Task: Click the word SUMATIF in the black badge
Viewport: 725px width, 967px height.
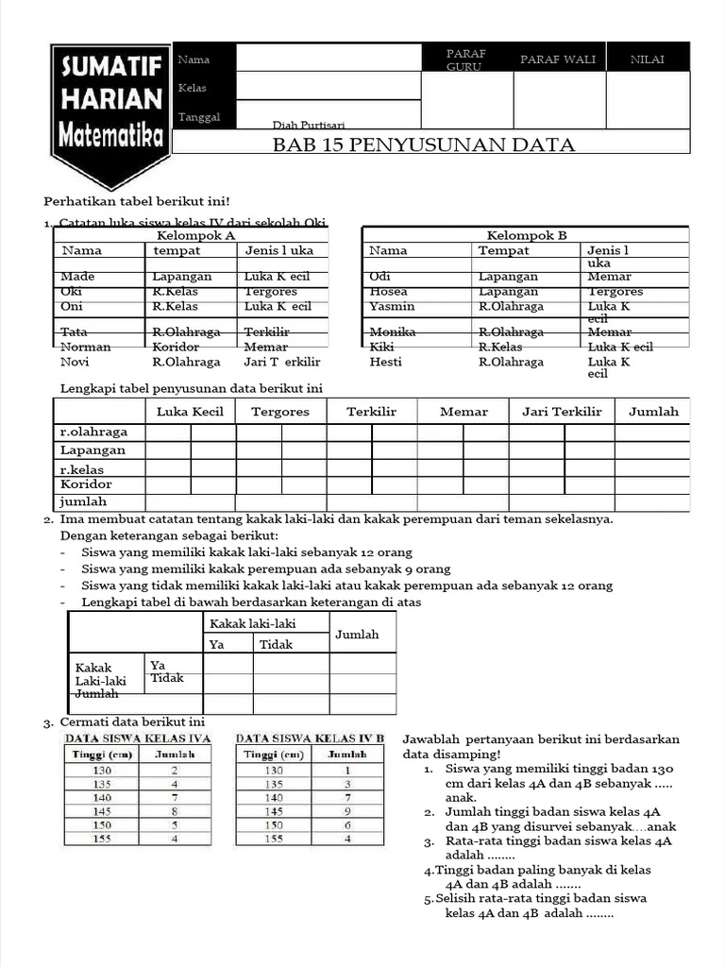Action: click(110, 68)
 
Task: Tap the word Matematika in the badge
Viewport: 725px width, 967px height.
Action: click(110, 137)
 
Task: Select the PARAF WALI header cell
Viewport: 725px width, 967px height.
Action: click(558, 59)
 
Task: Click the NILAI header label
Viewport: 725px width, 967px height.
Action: click(648, 59)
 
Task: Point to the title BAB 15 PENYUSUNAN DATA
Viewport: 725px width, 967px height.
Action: click(424, 144)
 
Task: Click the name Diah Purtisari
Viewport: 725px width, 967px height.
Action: click(309, 126)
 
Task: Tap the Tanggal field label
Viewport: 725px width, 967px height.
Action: click(199, 117)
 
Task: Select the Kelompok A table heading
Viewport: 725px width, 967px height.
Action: click(195, 235)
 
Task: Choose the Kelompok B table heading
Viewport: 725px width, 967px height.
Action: click(526, 235)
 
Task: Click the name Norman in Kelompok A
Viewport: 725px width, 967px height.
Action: click(86, 347)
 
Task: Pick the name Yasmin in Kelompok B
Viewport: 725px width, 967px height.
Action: click(393, 306)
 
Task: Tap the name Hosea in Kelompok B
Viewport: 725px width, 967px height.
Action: click(389, 292)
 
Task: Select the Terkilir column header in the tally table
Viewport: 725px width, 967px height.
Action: click(371, 412)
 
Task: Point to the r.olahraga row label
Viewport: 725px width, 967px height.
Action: click(93, 432)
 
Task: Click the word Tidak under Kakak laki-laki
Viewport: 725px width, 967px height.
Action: click(277, 644)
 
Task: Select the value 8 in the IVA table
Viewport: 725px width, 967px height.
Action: click(175, 811)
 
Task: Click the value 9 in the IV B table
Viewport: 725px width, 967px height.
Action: click(347, 811)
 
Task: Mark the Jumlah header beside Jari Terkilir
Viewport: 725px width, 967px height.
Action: click(653, 412)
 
